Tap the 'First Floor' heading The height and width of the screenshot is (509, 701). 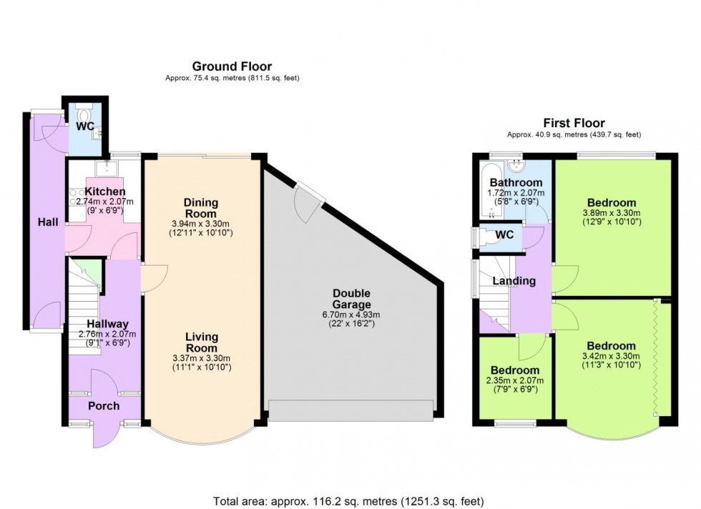tap(574, 123)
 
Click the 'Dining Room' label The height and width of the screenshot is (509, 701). tap(201, 208)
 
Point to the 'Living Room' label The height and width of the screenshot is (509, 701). tap(201, 342)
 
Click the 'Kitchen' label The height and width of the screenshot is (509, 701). tap(105, 192)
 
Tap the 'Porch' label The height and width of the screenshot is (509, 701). tap(103, 406)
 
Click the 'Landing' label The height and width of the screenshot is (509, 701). tap(514, 281)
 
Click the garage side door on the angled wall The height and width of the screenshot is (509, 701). tap(308, 201)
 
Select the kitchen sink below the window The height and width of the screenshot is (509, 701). tap(106, 167)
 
